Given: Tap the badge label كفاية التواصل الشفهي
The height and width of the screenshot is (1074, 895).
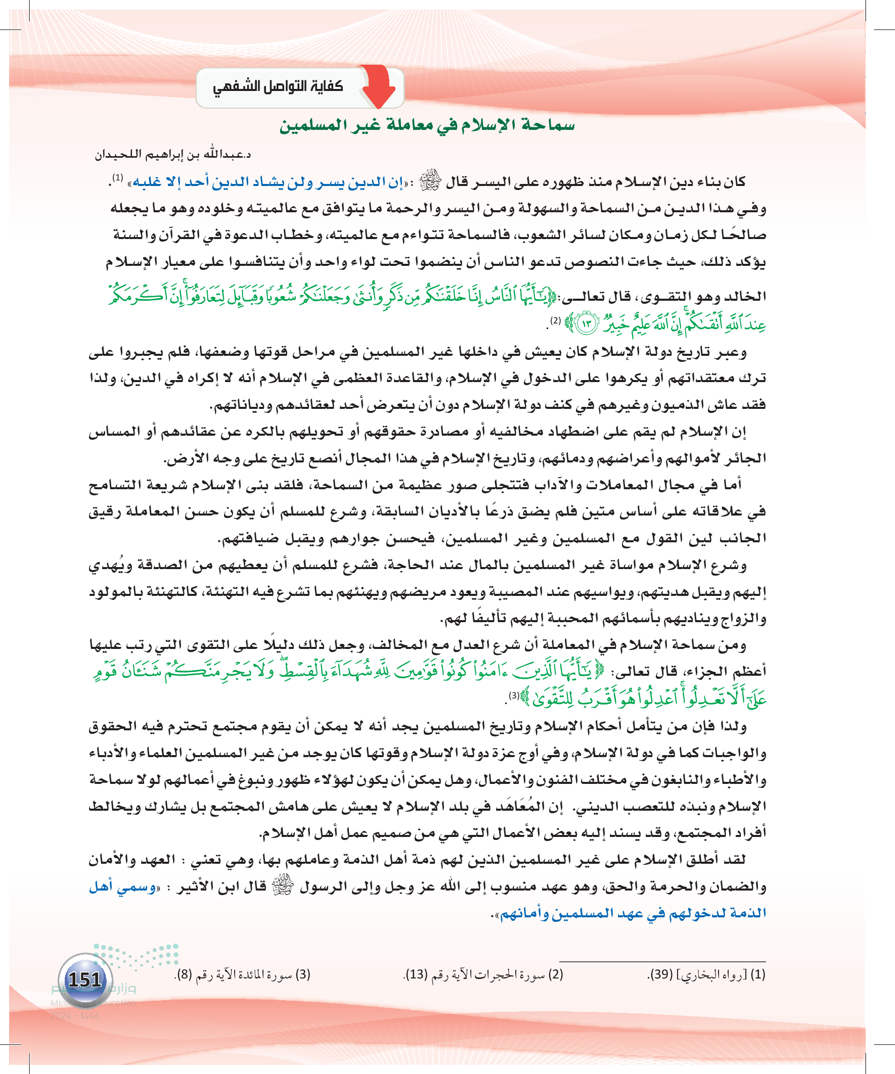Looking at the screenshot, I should pos(278,87).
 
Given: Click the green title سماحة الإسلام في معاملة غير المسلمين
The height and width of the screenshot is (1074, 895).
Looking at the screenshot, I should pos(427,125).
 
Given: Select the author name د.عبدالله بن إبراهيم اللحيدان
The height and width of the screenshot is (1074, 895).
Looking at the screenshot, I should pos(172,155).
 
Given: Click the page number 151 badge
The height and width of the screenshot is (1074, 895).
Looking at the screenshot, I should pos(85,979).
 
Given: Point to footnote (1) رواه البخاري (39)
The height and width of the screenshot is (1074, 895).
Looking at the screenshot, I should pos(706,974).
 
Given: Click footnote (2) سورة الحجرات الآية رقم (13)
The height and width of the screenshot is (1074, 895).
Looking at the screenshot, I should pos(483,974).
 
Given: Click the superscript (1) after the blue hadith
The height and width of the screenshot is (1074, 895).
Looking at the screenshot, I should pos(118,178).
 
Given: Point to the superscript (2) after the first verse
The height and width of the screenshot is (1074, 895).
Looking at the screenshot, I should pos(555,321).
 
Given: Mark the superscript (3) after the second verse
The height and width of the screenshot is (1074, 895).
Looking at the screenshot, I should pos(513,695).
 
